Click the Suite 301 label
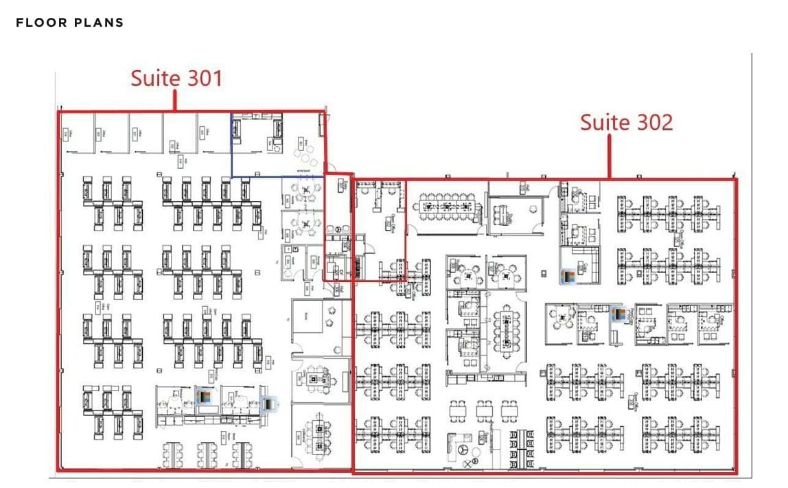coord(176,78)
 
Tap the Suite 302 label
coord(626,122)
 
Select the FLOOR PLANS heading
coord(69,23)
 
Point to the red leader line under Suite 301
coord(175,100)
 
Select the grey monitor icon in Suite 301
coord(268,404)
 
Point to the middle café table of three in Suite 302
coord(484,410)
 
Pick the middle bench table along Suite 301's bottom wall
coord(207,454)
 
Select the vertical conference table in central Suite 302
coord(508,327)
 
